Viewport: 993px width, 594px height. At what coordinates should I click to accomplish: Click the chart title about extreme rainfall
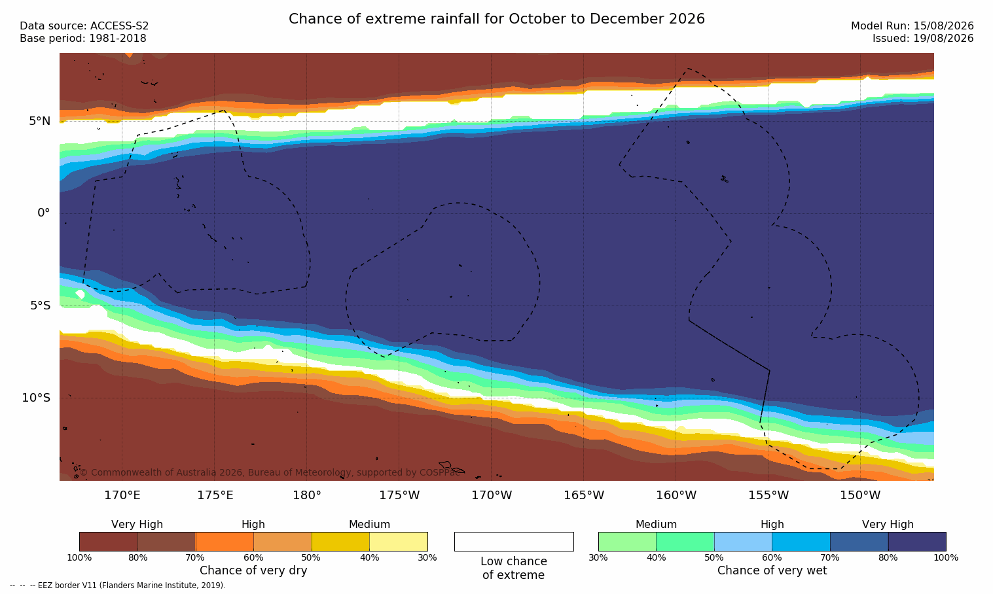(496, 19)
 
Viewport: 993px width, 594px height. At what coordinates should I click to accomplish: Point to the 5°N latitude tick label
(39, 121)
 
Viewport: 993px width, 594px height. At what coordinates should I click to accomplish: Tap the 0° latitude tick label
(44, 213)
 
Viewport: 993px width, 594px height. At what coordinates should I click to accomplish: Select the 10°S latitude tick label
(37, 398)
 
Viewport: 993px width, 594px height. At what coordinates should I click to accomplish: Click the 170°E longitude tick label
(122, 495)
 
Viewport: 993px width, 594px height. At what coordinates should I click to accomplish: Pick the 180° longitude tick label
(307, 495)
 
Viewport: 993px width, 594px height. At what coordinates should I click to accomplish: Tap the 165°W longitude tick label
(584, 495)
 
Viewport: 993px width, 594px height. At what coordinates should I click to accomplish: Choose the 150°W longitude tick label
(861, 495)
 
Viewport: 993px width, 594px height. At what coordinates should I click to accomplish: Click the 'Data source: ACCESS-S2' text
(84, 26)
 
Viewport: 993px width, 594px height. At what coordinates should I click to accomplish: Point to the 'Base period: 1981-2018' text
(83, 39)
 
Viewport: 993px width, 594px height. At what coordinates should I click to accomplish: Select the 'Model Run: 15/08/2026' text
(912, 26)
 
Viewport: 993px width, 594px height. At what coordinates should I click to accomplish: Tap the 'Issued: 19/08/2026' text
(923, 39)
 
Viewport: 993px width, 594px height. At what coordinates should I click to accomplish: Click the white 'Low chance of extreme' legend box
(514, 542)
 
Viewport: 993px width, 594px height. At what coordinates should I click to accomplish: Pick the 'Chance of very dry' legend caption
(253, 570)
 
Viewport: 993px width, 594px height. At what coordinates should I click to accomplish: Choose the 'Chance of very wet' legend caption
(772, 570)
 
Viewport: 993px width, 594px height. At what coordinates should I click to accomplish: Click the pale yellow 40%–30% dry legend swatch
(399, 542)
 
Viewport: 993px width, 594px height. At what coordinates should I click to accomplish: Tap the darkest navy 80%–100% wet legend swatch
(917, 542)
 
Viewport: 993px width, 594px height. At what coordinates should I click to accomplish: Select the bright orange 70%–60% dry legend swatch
(225, 542)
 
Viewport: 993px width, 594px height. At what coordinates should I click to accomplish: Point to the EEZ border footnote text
(117, 585)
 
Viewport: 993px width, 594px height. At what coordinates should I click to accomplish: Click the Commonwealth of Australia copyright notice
(270, 472)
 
